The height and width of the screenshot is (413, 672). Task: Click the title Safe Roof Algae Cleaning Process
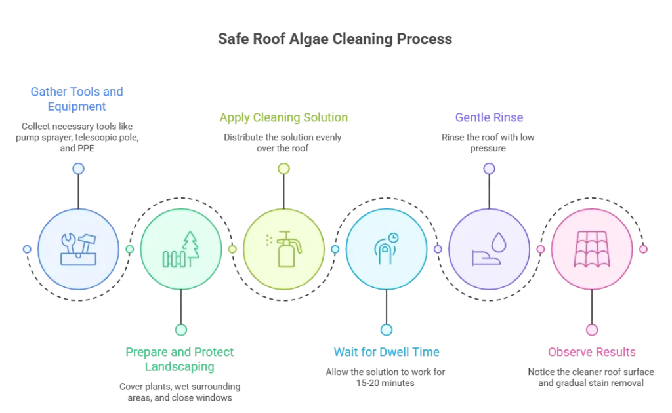pyautogui.click(x=335, y=39)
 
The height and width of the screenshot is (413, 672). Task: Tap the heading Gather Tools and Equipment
pyautogui.click(x=77, y=99)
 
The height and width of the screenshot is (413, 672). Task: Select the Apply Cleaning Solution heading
pyautogui.click(x=283, y=117)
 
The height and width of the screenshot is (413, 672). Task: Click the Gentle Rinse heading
pyautogui.click(x=489, y=117)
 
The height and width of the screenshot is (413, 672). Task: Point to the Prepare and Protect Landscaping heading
pyautogui.click(x=180, y=359)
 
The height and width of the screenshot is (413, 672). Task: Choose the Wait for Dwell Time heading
pyautogui.click(x=387, y=352)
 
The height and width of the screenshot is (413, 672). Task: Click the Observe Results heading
pyautogui.click(x=592, y=352)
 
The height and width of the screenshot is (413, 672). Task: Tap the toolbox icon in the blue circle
pyautogui.click(x=79, y=250)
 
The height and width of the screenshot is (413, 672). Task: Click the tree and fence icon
pyautogui.click(x=181, y=250)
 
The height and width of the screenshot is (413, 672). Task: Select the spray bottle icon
pyautogui.click(x=283, y=250)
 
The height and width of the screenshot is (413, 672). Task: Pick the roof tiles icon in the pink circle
pyautogui.click(x=592, y=249)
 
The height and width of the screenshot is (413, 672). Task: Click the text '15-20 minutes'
pyautogui.click(x=385, y=383)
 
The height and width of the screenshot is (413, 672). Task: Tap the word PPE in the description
pyautogui.click(x=85, y=149)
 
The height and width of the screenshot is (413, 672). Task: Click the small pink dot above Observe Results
pyautogui.click(x=592, y=330)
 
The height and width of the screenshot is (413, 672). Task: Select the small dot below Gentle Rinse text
pyautogui.click(x=489, y=168)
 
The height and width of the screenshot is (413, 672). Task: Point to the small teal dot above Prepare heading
pyautogui.click(x=181, y=330)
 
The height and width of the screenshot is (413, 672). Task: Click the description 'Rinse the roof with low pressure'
pyautogui.click(x=488, y=143)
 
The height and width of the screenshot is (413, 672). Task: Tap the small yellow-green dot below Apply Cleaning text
pyautogui.click(x=283, y=168)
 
